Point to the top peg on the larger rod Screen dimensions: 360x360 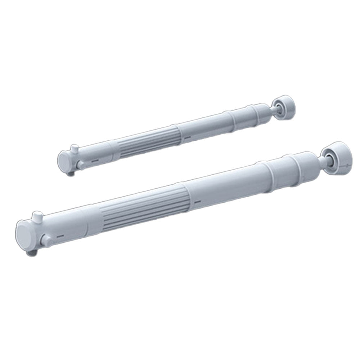pyautogui.click(x=36, y=217)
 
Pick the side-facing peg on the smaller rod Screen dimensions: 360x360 pyautogui.click(x=81, y=166)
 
